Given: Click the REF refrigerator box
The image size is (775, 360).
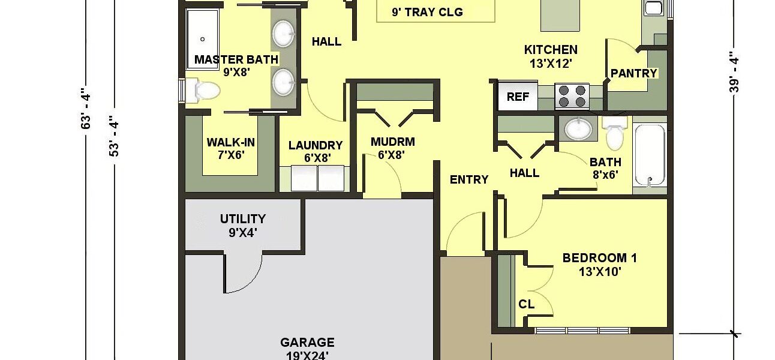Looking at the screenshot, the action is tap(518, 96).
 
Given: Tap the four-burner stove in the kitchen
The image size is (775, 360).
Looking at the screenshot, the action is tap(572, 96).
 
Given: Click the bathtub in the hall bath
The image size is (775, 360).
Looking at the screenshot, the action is tap(650, 155).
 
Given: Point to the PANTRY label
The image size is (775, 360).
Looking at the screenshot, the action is tap(634, 73).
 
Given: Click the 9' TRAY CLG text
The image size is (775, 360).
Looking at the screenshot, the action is tap(427, 12).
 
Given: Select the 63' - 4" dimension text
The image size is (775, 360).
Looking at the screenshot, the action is tap(85, 109).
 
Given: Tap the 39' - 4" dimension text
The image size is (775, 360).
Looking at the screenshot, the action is tap(734, 72).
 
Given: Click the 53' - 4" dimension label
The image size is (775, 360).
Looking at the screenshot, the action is tap(114, 136).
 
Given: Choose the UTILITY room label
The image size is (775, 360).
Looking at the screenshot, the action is tap(243, 219).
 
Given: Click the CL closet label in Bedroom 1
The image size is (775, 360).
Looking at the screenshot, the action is tap(526, 304).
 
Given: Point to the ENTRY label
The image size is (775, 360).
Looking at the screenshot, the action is tap(469, 179).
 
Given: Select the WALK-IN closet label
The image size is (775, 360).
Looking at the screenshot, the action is tap(231, 142).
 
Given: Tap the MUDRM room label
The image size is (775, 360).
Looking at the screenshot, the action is tap(393, 142).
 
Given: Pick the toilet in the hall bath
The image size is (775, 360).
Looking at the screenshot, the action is tap(615, 133).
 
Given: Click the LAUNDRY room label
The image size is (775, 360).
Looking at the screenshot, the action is tap(316, 145).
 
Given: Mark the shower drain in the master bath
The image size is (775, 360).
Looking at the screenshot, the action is tap(202, 39).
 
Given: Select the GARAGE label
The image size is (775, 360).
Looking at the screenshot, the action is tap(307, 343).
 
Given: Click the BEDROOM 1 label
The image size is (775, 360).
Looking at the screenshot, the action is tap(600, 258).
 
